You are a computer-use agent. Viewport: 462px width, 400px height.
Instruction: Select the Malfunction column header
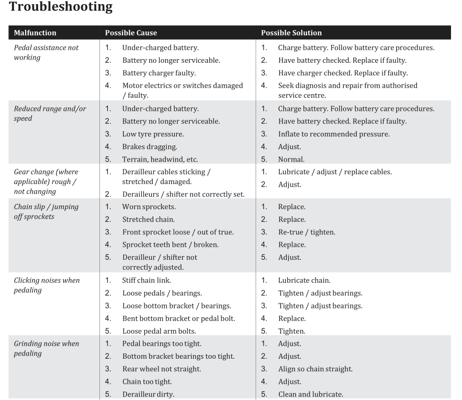click(35, 33)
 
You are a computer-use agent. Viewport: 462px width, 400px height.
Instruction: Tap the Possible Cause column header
click(131, 33)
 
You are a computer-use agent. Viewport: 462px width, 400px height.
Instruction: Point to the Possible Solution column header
click(291, 33)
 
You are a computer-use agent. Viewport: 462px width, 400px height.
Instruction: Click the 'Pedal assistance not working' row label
click(46, 52)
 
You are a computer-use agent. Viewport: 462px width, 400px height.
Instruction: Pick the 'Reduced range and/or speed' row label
click(50, 113)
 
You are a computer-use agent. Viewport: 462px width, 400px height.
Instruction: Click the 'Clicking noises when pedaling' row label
click(47, 285)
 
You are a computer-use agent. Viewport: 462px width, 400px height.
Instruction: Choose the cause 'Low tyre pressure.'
click(153, 134)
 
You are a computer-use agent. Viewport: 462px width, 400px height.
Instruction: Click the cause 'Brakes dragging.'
click(150, 147)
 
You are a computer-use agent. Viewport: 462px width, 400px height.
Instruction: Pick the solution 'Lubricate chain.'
click(304, 281)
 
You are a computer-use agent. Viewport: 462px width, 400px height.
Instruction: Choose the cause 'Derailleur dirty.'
click(148, 394)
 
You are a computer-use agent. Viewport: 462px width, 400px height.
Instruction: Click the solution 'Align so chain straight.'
click(315, 369)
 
